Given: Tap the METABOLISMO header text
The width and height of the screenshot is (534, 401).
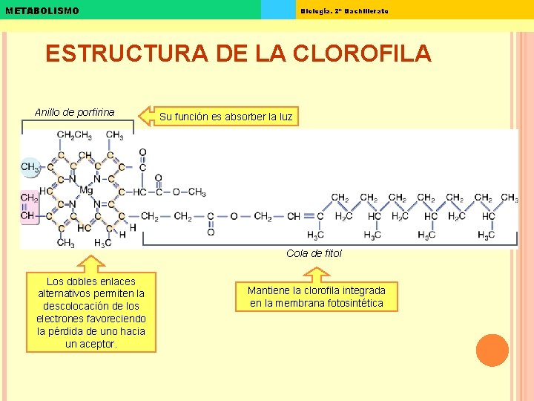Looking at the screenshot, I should (42, 10).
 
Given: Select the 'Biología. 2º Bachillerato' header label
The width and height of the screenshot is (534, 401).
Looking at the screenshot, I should (344, 10).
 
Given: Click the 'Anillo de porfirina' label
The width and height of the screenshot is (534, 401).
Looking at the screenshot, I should (74, 112).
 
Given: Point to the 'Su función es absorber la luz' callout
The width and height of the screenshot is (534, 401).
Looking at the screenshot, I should (225, 117).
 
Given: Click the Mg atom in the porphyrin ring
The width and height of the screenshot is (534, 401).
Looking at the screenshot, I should (87, 191).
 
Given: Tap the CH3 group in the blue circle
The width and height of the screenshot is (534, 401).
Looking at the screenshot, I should (30, 167).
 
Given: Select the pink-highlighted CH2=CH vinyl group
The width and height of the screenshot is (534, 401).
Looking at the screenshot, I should (28, 207).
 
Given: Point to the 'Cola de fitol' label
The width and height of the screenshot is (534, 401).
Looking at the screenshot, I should (314, 253).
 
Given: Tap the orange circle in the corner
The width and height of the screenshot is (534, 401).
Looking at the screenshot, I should (492, 350).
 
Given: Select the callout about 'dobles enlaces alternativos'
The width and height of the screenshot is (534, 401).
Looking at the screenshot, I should (91, 312).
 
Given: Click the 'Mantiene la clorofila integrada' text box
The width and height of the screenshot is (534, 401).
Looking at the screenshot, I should (316, 296).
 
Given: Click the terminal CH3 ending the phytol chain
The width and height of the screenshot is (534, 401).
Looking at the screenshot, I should (510, 198).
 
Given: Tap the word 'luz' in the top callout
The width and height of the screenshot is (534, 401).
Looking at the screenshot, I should (285, 117).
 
